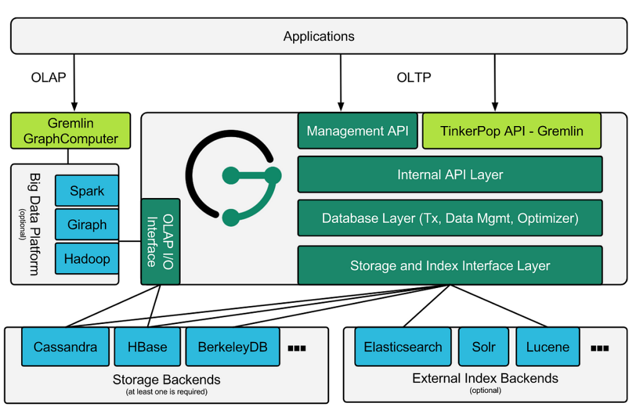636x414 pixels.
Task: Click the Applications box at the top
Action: [319, 36]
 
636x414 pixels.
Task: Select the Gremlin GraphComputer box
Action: [71, 131]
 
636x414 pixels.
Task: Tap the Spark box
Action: [87, 191]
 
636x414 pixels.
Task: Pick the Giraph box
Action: [87, 225]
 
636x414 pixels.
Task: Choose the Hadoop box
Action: [87, 259]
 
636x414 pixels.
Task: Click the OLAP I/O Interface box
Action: [160, 241]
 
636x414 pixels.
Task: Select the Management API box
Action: [358, 131]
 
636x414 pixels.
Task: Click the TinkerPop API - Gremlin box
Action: [512, 131]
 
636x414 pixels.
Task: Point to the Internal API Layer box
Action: [450, 174]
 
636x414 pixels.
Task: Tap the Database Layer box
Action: [450, 218]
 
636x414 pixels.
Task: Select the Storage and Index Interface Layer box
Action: [450, 266]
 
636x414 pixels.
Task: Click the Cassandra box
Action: [65, 347]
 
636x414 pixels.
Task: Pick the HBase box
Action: [147, 347]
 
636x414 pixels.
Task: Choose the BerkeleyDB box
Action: [232, 347]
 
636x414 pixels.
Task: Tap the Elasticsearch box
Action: [403, 347]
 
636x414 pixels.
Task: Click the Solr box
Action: [483, 347]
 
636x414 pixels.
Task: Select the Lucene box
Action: [547, 347]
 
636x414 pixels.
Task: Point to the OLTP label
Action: [414, 78]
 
